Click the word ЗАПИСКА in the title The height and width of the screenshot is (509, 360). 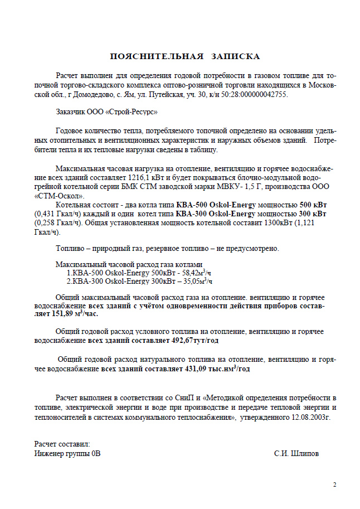coord(235,56)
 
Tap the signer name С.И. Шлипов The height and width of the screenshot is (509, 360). coord(296,453)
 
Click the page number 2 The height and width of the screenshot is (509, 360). coord(334,484)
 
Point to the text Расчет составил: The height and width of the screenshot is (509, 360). coord(62,444)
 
